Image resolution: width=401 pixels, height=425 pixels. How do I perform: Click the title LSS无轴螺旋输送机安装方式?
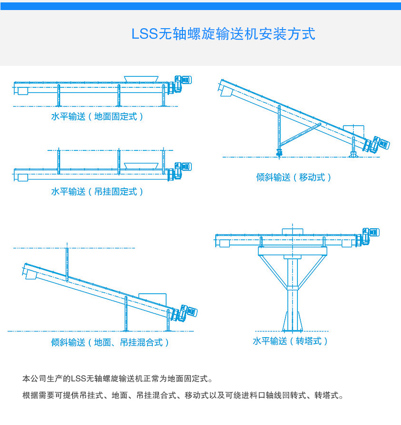click(223, 34)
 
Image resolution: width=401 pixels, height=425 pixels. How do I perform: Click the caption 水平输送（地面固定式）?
click(97, 116)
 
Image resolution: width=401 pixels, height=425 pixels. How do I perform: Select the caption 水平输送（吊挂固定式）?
click(97, 191)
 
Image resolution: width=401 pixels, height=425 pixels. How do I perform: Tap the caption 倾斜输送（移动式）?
click(294, 177)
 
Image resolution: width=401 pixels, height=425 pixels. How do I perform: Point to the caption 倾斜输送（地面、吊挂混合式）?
click(110, 342)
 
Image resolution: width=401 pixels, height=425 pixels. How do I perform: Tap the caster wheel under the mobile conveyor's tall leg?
click(279, 152)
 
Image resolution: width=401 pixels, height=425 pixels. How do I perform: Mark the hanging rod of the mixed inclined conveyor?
click(67, 263)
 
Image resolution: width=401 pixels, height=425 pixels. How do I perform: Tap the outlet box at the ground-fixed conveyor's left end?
click(22, 91)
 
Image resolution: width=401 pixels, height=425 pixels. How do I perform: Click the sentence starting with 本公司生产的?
click(117, 379)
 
